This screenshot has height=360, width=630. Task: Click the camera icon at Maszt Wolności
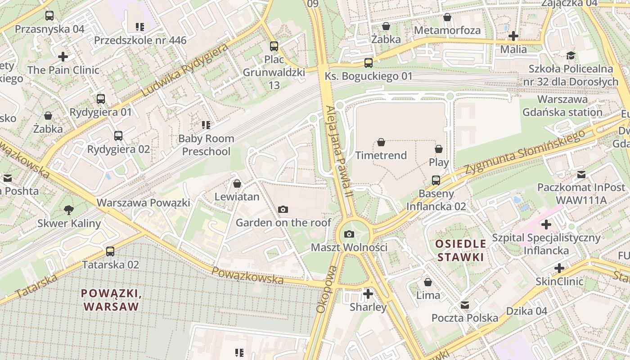point(349,234)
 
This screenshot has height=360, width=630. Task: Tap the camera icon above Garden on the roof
point(283,209)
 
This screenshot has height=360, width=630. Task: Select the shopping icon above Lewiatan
point(237,184)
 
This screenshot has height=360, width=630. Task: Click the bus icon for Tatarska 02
point(110,252)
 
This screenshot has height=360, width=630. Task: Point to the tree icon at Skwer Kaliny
point(69,210)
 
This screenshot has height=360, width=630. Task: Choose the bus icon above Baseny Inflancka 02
point(436,180)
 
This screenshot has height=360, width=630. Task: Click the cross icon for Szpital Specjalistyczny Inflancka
point(546,224)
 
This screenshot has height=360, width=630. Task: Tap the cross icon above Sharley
point(368,294)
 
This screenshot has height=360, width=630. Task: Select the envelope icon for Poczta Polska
point(465,305)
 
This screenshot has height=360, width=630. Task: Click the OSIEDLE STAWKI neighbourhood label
point(460,251)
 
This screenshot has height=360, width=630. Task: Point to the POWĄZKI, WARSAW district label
point(111,300)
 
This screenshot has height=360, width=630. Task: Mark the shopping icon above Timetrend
point(381,142)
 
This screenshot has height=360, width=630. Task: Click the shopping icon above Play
point(439,149)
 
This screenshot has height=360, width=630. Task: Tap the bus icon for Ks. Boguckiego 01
point(369,63)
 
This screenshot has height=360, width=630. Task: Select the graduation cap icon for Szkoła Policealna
point(571,56)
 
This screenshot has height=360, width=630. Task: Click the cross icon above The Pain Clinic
point(63,57)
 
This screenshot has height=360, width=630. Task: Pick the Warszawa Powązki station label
point(144,202)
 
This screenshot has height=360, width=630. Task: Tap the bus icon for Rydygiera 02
point(118,136)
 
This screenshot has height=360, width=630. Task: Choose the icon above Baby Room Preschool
point(206,125)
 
